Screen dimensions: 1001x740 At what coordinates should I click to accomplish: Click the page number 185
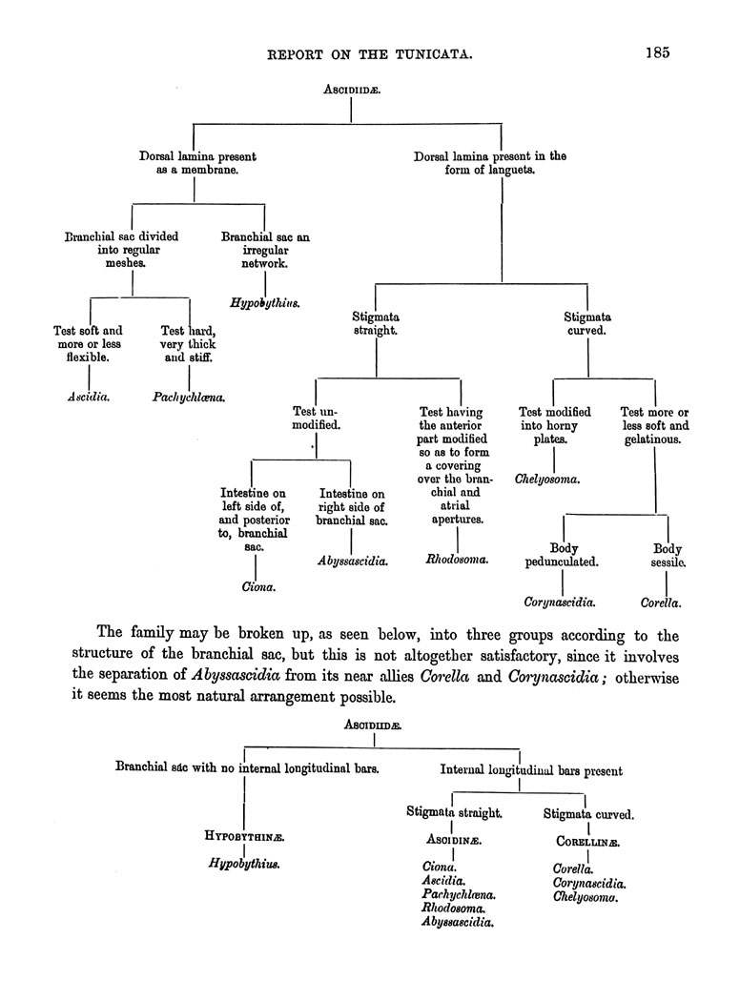656,52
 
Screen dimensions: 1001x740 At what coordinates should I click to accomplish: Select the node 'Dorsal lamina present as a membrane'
196,163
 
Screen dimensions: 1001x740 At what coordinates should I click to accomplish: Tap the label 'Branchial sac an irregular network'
265,250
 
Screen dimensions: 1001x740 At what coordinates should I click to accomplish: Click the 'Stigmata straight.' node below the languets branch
376,323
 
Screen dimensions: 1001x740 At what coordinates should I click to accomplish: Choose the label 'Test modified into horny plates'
555,425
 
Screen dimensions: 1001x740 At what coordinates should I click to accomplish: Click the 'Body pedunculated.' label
562,555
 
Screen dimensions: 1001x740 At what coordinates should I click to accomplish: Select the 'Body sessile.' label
667,555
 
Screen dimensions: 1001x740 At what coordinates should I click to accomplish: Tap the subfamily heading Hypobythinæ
246,836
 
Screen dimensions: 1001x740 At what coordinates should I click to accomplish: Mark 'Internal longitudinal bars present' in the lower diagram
532,770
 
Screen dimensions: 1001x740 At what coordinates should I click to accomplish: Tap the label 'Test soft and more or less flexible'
88,344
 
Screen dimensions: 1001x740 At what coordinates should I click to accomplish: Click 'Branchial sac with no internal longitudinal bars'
247,766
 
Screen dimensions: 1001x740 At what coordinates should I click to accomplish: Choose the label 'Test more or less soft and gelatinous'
654,425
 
